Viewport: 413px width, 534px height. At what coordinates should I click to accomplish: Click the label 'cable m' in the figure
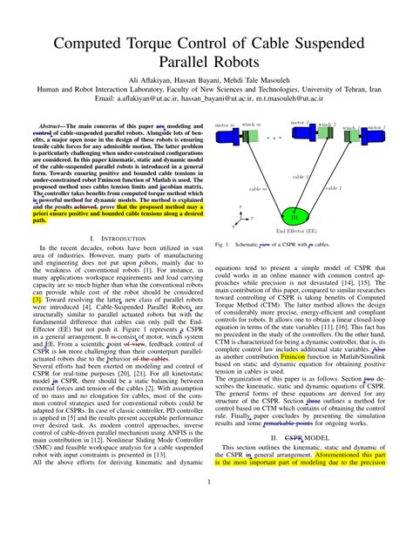click(259, 187)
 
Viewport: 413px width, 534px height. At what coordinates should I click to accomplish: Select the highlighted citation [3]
click(37, 299)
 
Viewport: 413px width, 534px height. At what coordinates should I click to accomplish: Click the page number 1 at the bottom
click(206, 504)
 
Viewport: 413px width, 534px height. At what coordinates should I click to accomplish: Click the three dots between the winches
click(274, 138)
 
